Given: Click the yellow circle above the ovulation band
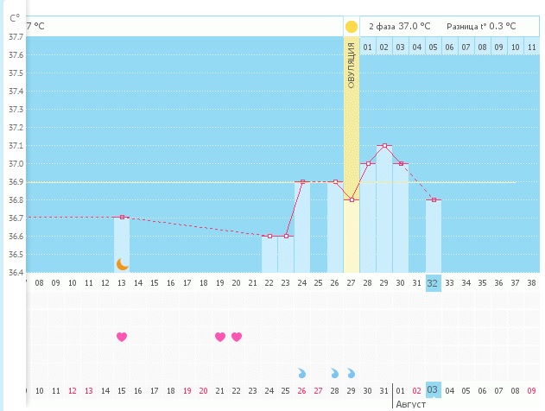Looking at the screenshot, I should click(352, 27).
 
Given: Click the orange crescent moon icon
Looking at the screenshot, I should click(122, 263).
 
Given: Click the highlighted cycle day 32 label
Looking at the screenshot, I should click(434, 282).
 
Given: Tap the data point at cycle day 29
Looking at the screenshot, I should click(384, 146).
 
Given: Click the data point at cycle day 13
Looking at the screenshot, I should click(122, 218).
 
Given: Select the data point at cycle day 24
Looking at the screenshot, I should click(302, 182).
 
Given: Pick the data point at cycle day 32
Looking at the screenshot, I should click(434, 200).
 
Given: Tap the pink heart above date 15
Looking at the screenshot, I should click(122, 337).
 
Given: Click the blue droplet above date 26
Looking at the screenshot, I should click(302, 373).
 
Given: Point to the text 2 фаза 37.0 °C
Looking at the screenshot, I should click(400, 27).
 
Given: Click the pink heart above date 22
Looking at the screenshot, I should click(237, 337).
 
